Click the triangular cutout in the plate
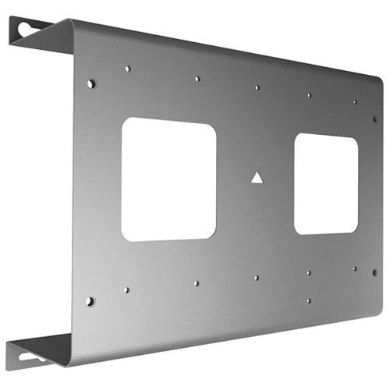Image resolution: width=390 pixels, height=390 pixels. (x=257, y=177)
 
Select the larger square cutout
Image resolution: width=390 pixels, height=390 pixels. (x=168, y=179)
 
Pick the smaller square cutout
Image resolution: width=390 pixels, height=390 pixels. (x=326, y=184)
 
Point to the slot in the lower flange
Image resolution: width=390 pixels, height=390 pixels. (x=30, y=357)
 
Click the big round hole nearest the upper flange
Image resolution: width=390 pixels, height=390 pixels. (x=91, y=82)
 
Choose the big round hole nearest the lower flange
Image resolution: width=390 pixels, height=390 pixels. (x=90, y=300)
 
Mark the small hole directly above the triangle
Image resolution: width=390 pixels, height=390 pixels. (x=257, y=87)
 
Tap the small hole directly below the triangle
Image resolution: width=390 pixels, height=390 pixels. (x=257, y=277)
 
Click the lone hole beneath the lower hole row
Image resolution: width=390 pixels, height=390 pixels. (x=308, y=300)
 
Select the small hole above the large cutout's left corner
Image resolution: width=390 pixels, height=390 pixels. (x=127, y=69)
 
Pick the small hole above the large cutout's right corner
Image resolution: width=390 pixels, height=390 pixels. (x=197, y=79)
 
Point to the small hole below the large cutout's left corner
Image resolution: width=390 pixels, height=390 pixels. (x=126, y=289)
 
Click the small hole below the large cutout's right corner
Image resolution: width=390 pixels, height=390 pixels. (x=196, y=283)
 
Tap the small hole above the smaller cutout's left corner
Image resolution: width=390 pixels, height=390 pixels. (x=309, y=95)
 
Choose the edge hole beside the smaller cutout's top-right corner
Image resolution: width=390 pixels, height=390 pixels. (x=374, y=119)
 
